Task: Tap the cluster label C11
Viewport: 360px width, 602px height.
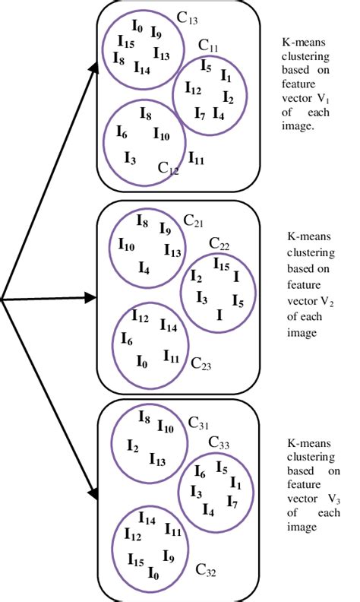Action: [209, 47]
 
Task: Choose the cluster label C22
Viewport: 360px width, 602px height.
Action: [220, 245]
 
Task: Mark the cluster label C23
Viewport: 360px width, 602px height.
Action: [201, 364]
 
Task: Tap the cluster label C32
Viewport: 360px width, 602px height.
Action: [207, 569]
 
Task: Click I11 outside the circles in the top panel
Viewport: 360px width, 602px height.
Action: [196, 160]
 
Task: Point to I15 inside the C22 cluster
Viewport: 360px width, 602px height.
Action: [221, 265]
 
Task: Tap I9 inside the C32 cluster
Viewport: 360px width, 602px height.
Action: [168, 559]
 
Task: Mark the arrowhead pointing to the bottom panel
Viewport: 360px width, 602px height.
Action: [93, 493]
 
